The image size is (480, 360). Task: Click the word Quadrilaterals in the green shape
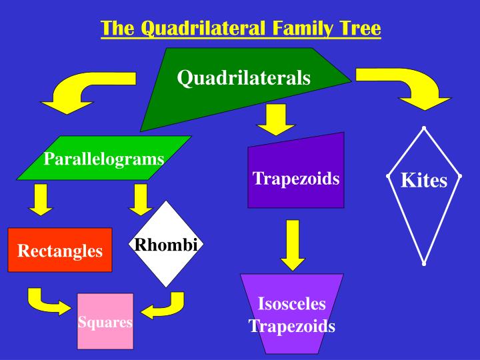(243, 79)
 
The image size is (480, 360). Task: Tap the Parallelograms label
(103, 159)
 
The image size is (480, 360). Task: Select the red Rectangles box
(60, 251)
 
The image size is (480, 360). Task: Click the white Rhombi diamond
(166, 245)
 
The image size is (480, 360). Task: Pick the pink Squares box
(105, 322)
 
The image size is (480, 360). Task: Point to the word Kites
(423, 181)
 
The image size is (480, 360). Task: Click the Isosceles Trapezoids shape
(291, 315)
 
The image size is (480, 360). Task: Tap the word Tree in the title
(359, 29)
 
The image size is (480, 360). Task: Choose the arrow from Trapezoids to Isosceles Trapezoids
(293, 244)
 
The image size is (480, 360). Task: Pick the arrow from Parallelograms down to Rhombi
(141, 199)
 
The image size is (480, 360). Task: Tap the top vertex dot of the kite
(424, 127)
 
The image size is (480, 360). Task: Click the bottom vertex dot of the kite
(424, 264)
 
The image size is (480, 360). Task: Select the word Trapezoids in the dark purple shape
(296, 179)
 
